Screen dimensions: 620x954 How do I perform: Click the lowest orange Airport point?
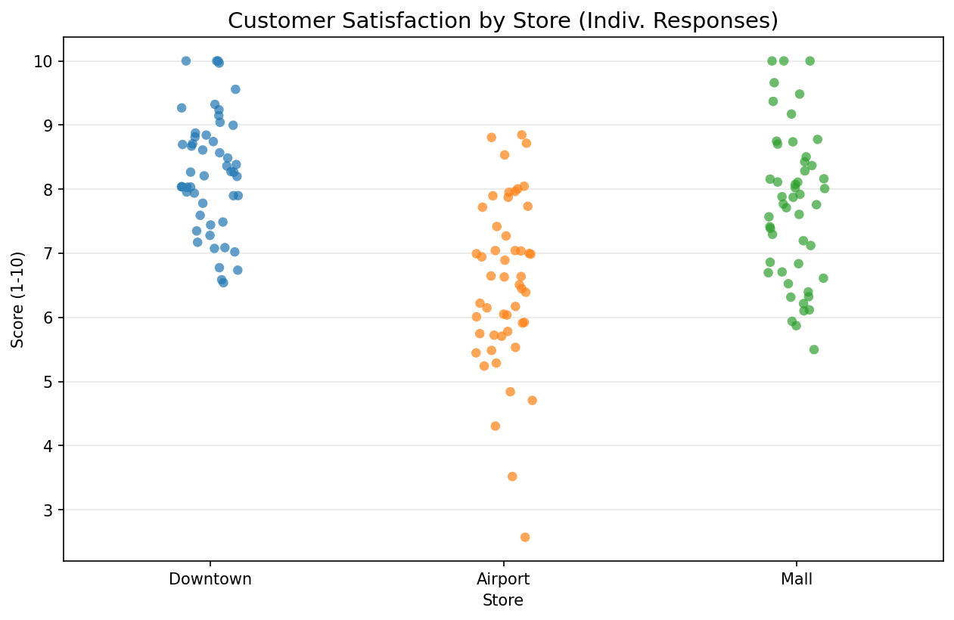click(524, 537)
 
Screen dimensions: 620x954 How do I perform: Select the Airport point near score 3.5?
click(512, 476)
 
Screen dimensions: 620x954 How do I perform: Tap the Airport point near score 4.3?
click(496, 426)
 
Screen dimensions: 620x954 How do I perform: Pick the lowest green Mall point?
click(814, 349)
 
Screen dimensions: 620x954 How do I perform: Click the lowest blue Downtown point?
click(223, 283)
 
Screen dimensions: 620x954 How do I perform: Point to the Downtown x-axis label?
click(210, 580)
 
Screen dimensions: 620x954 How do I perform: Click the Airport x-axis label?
click(503, 580)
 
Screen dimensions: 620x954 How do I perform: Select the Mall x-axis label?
click(796, 580)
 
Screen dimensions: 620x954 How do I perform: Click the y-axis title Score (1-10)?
click(18, 299)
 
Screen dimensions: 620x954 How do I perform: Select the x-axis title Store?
click(503, 601)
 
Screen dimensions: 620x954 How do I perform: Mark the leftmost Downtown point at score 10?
click(186, 60)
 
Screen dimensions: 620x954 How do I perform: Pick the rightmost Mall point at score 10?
click(810, 60)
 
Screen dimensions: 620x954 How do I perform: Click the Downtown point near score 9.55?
click(235, 89)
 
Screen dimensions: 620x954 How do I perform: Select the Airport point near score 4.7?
click(532, 400)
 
